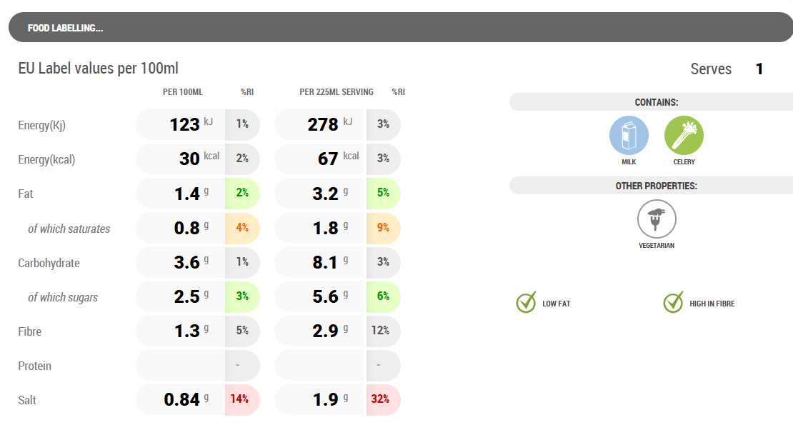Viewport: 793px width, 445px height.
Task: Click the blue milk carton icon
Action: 629,136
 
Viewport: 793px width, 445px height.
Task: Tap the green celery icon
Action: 684,136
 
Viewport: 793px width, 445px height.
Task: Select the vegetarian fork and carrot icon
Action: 657,219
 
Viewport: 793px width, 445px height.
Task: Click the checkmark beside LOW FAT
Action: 526,303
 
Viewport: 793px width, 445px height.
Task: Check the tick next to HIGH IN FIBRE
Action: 673,303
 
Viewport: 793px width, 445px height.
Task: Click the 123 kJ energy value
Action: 184,125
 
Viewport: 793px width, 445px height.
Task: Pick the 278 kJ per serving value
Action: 323,125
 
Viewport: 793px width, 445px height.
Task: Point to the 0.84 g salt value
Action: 181,400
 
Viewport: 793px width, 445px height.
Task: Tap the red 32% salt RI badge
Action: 380,399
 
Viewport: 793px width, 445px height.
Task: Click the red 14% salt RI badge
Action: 242,399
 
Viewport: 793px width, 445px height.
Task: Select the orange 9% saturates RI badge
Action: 383,228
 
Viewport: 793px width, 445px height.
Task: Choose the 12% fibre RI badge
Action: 380,331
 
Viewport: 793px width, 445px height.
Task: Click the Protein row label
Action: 34,366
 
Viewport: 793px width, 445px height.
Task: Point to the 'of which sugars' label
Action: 63,297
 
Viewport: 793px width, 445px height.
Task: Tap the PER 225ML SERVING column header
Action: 336,92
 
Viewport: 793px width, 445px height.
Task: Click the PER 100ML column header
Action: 183,92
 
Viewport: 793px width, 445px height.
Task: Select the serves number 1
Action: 759,69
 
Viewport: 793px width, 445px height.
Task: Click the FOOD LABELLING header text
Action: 65,29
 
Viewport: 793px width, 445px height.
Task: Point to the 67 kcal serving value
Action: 328,159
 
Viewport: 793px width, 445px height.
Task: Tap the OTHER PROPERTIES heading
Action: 656,186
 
